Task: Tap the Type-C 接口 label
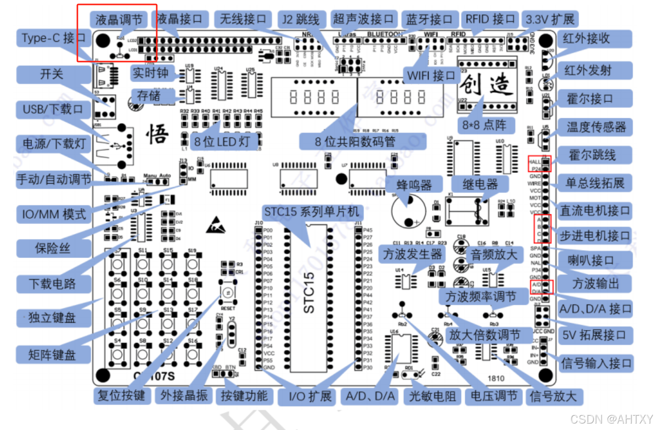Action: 53,38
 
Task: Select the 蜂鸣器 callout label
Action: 414,185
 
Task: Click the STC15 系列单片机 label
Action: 311,213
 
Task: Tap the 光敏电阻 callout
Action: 433,396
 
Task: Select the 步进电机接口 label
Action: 594,235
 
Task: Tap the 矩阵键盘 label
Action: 53,354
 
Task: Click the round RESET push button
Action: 227,293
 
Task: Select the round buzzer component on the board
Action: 408,211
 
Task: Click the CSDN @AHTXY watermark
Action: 611,419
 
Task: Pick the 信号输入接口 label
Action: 596,364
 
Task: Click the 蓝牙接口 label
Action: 429,20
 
